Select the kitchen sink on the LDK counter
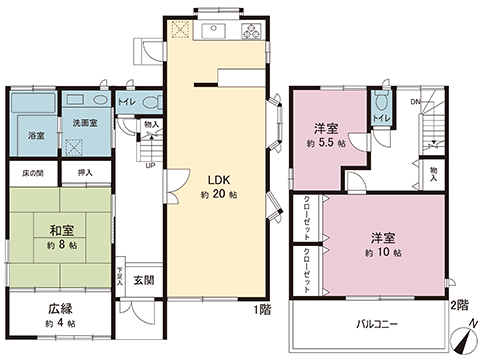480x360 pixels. tap(215, 32)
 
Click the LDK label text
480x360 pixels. tap(219, 180)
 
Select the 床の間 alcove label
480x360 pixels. tap(32, 173)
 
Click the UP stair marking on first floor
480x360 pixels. tap(150, 165)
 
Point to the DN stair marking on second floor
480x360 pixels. tap(415, 101)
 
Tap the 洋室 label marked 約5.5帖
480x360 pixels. tap(324, 129)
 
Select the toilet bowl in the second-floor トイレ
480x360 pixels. tap(380, 103)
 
